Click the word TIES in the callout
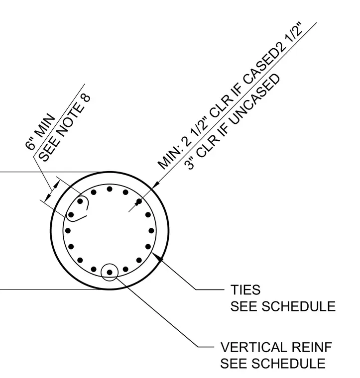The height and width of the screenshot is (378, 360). [245, 289]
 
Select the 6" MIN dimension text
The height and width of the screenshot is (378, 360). [40, 131]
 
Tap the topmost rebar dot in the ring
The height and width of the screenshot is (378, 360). [110, 189]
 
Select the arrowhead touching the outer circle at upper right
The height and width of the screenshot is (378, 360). [155, 184]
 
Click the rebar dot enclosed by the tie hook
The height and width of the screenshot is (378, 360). [80, 201]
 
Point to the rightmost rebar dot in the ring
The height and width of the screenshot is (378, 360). [151, 231]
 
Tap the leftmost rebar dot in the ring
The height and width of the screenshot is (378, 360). [68, 231]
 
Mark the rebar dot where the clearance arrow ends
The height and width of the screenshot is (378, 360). [139, 201]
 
